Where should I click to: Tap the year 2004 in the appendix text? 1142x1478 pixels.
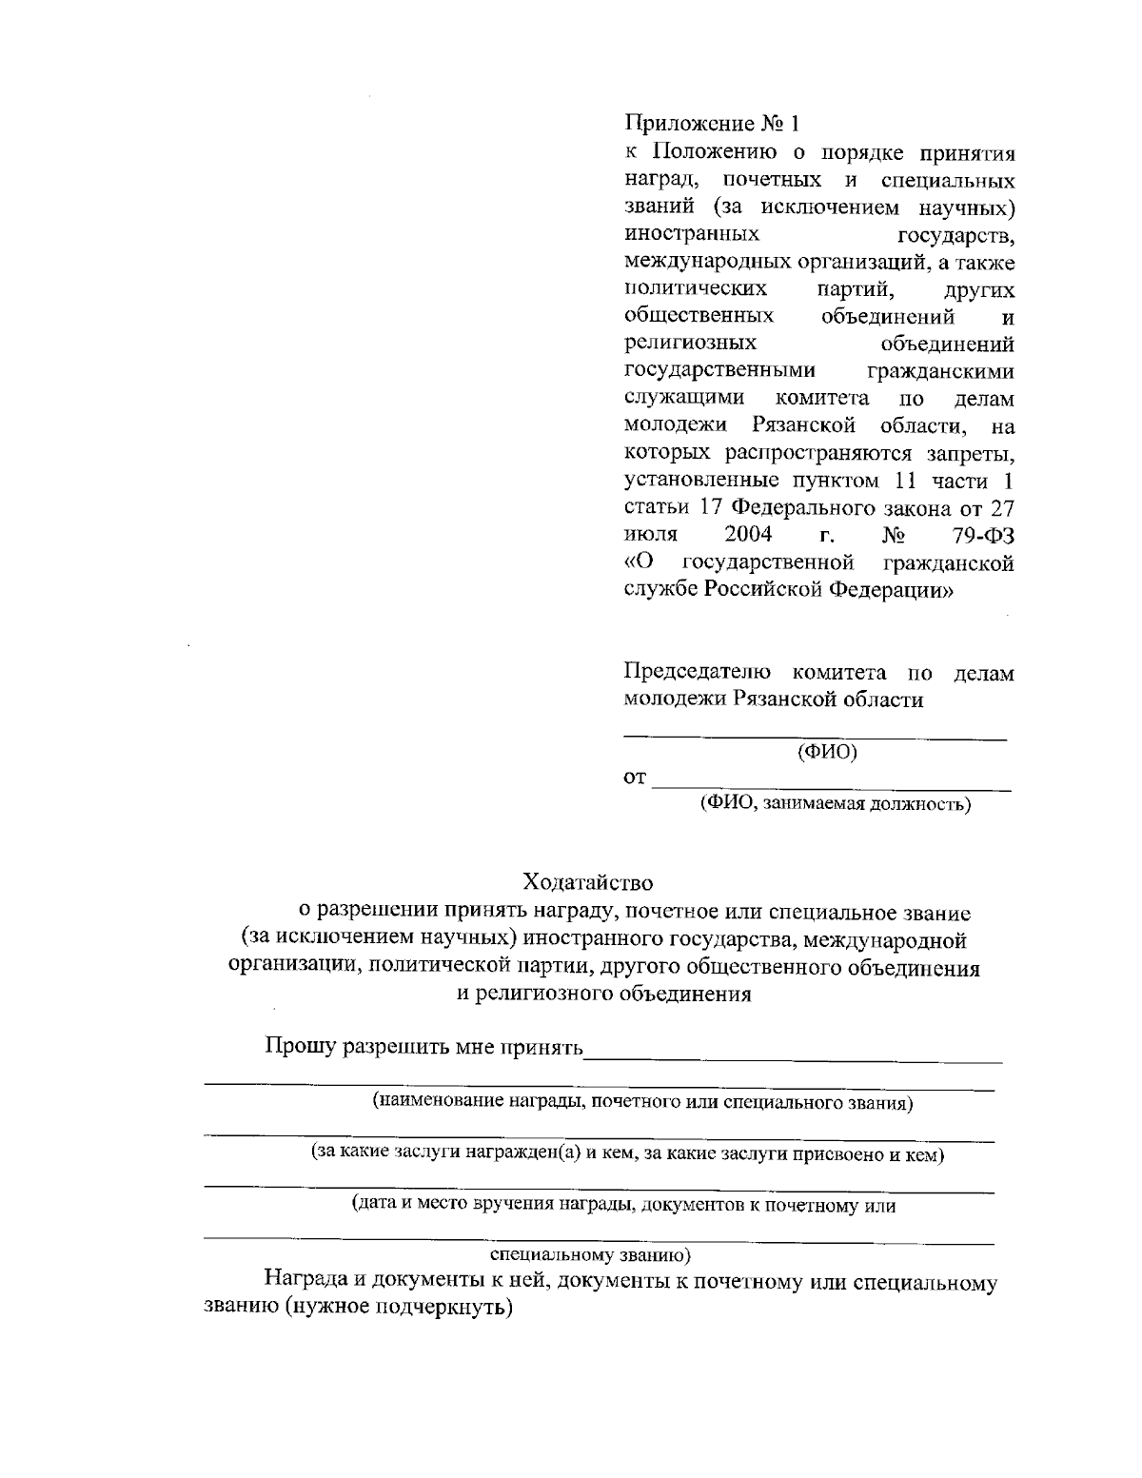[747, 534]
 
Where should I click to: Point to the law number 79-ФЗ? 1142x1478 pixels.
[982, 535]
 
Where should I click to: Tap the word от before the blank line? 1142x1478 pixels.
[635, 779]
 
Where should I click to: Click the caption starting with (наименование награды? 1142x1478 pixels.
[643, 1103]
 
